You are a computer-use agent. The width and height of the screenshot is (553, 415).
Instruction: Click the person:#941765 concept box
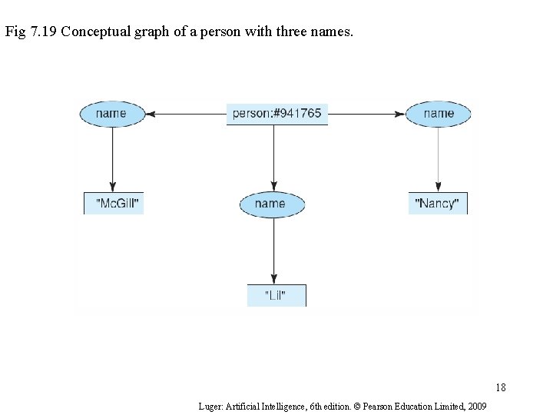(x=277, y=114)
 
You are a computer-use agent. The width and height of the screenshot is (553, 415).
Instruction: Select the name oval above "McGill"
(x=112, y=114)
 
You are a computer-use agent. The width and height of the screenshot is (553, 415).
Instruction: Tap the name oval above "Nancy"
(x=438, y=114)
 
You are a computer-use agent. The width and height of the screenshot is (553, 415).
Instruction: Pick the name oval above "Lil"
(x=272, y=204)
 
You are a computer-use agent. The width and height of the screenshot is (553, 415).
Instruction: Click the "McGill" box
(x=114, y=204)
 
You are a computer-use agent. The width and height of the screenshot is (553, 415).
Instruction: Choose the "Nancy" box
(x=437, y=204)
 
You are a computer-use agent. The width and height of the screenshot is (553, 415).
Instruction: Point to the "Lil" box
(x=276, y=296)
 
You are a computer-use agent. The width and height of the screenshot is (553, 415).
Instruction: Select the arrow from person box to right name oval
(x=366, y=114)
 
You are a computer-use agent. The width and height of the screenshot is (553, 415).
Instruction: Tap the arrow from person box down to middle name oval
(x=274, y=158)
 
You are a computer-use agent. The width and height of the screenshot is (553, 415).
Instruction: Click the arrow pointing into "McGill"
(x=113, y=158)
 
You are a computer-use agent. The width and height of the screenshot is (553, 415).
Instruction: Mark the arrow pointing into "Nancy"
(x=438, y=158)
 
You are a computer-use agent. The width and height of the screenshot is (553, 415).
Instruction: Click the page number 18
(x=501, y=387)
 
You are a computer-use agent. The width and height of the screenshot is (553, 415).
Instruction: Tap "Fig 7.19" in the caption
(x=30, y=33)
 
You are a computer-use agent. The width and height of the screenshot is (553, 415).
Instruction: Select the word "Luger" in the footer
(x=210, y=405)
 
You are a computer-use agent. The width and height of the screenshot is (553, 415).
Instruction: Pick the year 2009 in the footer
(x=475, y=405)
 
